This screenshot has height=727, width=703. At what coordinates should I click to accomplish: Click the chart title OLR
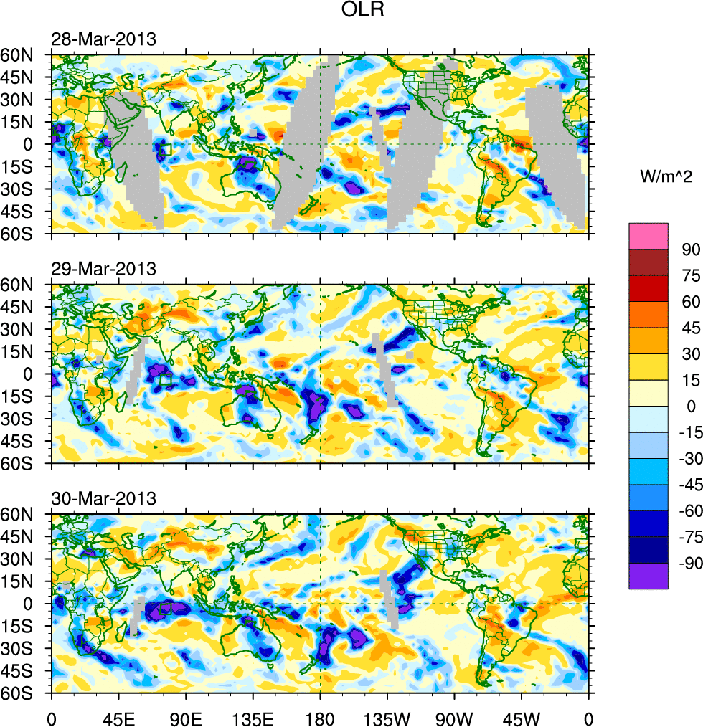click(364, 11)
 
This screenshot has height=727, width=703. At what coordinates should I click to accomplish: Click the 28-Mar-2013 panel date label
click(103, 39)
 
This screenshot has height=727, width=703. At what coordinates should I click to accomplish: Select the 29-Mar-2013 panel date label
click(103, 270)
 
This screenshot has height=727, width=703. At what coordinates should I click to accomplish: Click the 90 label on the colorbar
click(691, 250)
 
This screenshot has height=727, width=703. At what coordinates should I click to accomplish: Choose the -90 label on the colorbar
click(688, 564)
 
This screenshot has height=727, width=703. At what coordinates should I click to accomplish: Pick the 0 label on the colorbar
click(691, 407)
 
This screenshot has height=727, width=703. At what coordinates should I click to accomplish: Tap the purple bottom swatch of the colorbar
click(648, 576)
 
